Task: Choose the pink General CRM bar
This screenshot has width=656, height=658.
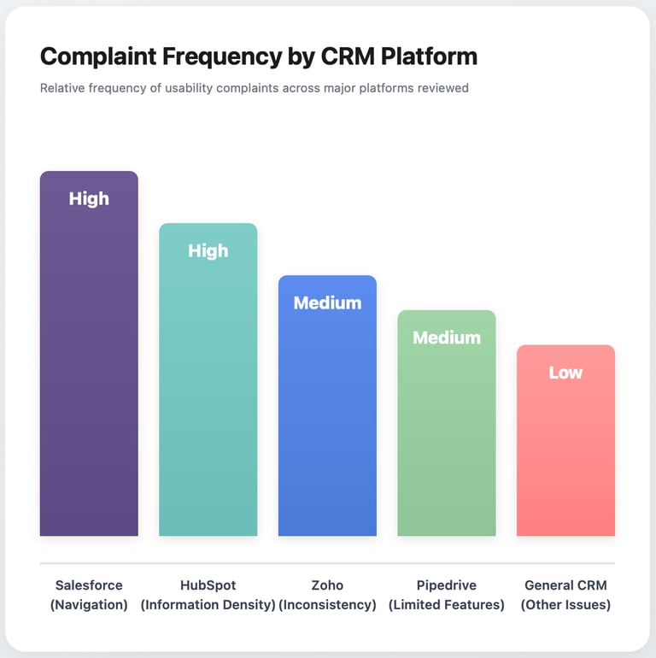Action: point(565,453)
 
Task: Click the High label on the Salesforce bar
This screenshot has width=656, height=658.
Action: point(89,198)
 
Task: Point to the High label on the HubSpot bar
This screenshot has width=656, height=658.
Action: point(208,250)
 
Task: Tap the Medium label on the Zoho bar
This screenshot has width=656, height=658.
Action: point(327,303)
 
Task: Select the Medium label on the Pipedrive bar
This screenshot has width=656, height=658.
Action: point(447,338)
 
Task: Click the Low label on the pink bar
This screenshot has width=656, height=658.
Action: point(565,373)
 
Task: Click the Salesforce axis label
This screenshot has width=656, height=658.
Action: point(89,585)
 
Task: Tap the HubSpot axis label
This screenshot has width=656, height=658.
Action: point(208,585)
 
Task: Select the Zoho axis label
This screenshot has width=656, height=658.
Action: point(327,585)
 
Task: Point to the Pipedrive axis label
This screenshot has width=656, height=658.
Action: point(447,585)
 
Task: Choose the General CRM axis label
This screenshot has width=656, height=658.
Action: point(565,585)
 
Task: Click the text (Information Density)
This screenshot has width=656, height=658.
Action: point(208,605)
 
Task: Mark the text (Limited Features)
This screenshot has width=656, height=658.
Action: point(447,605)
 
